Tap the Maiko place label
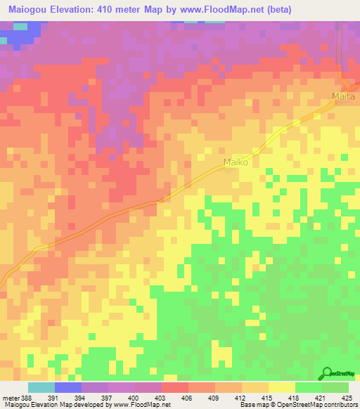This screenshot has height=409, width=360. (x=236, y=163)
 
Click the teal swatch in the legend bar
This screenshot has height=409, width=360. (x=41, y=387)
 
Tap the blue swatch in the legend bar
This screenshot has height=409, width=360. (x=67, y=387)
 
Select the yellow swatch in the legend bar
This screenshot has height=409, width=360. (x=281, y=387)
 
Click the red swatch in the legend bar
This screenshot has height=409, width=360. (x=175, y=387)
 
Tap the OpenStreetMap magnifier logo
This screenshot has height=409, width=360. (x=327, y=373)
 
